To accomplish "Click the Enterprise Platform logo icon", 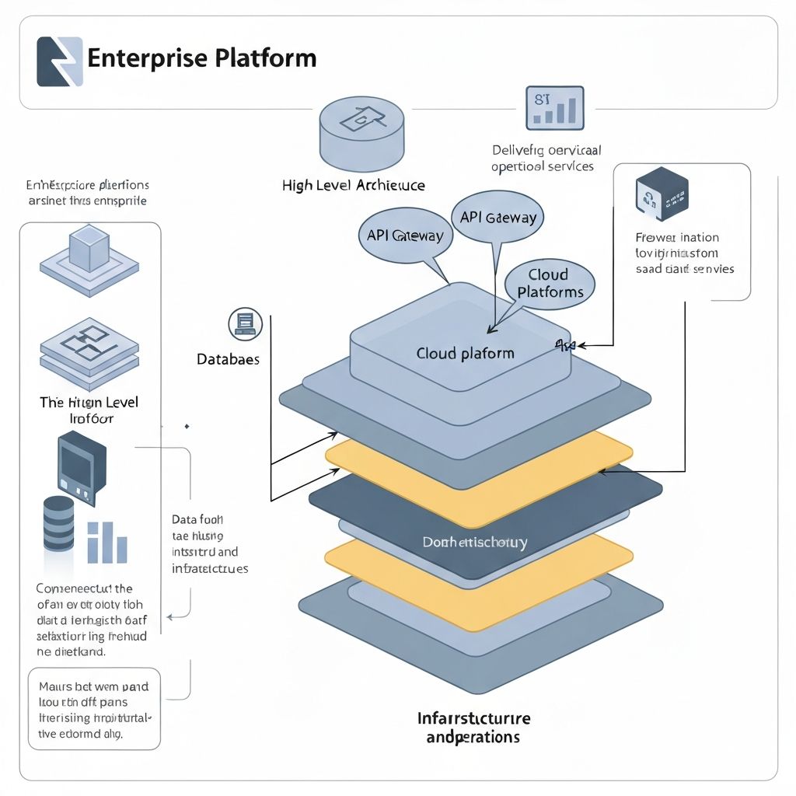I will (x=59, y=61).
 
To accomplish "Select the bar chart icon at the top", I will (x=554, y=107).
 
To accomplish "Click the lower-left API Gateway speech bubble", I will (x=404, y=236).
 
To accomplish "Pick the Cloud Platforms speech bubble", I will (x=550, y=284).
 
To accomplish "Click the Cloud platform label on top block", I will (x=465, y=353).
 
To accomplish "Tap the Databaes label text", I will (x=228, y=360).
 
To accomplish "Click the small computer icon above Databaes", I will (x=246, y=323).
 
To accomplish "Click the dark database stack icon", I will (x=58, y=525).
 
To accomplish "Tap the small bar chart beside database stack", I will (x=106, y=542).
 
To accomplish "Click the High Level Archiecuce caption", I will (x=353, y=185).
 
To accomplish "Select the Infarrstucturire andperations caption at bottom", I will (x=473, y=726).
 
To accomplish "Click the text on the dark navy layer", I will (x=474, y=542).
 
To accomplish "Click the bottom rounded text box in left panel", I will (x=94, y=710).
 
